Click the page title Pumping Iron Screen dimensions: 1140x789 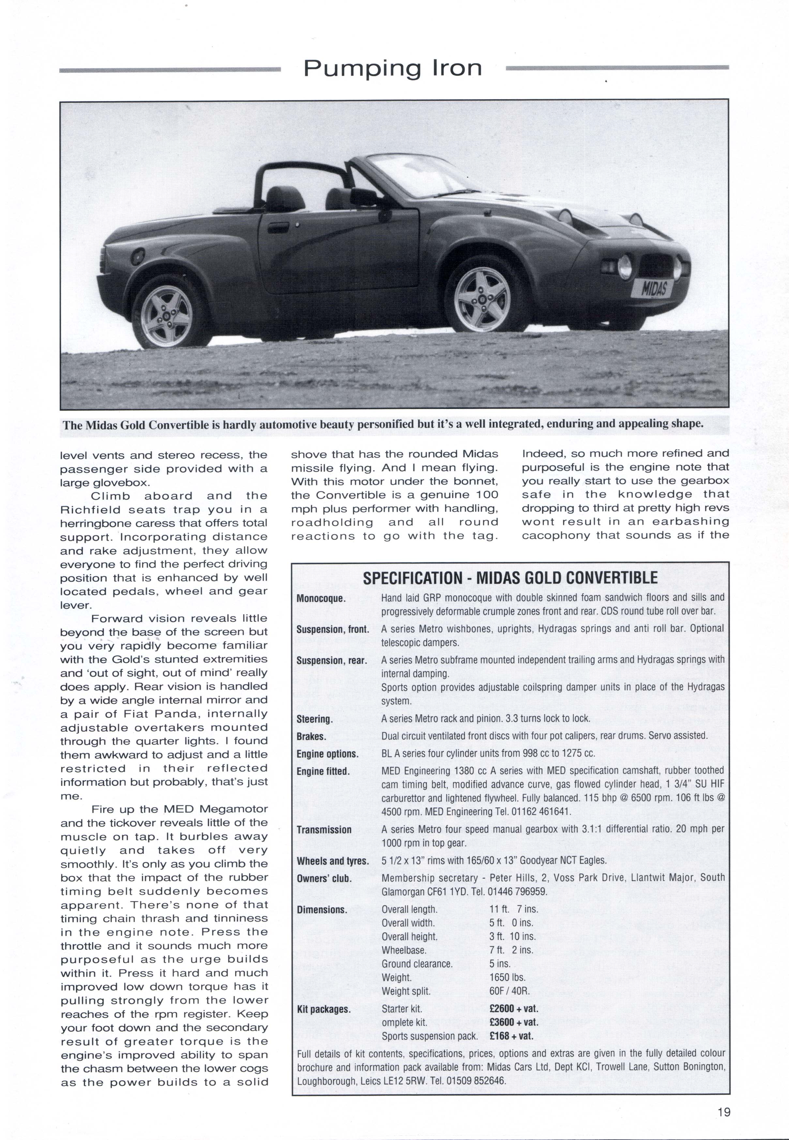[x=392, y=68]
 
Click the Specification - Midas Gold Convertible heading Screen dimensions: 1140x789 [x=510, y=578]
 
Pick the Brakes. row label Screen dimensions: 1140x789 [x=311, y=736]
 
